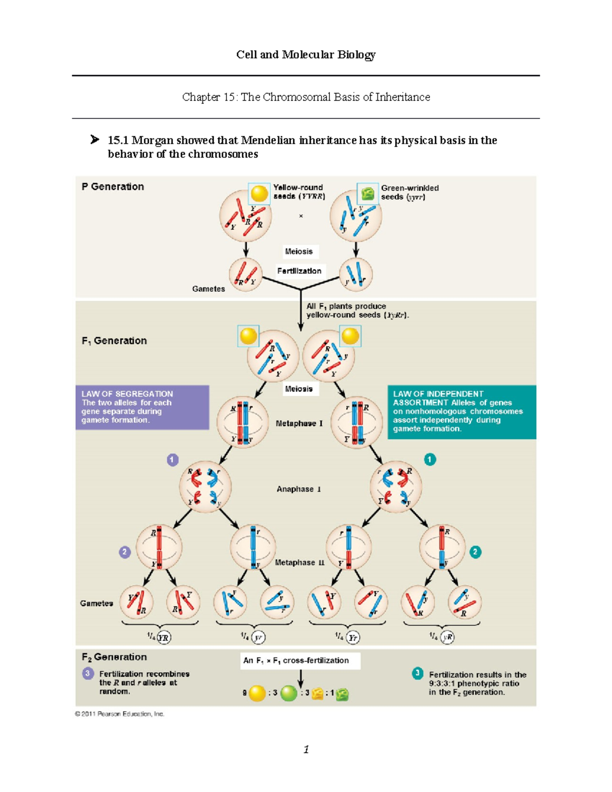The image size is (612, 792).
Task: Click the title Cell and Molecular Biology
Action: pyautogui.click(x=305, y=55)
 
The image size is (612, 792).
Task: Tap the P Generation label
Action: pyautogui.click(x=113, y=187)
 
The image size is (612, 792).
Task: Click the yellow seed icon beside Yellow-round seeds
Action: pyautogui.click(x=259, y=194)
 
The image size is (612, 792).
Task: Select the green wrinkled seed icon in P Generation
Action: pyautogui.click(x=368, y=194)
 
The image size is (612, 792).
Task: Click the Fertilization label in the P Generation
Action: pyautogui.click(x=299, y=271)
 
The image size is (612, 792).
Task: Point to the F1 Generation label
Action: pyautogui.click(x=114, y=341)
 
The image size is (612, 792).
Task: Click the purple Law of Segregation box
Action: pyautogui.click(x=142, y=407)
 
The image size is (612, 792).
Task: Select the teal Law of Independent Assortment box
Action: pyautogui.click(x=462, y=412)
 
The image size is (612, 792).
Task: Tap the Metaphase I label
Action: pyautogui.click(x=299, y=423)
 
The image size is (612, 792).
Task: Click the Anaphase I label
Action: pyautogui.click(x=299, y=489)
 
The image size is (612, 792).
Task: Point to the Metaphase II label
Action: pyautogui.click(x=300, y=563)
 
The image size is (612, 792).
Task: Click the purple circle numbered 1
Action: pyautogui.click(x=172, y=459)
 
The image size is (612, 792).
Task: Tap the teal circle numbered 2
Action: pyautogui.click(x=475, y=552)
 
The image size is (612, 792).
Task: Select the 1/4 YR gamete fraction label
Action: pyautogui.click(x=159, y=637)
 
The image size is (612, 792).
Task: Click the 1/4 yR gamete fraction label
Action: pyautogui.click(x=442, y=637)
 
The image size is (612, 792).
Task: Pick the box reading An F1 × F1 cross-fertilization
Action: pyautogui.click(x=300, y=660)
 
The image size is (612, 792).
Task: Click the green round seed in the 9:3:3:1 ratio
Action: pyautogui.click(x=289, y=693)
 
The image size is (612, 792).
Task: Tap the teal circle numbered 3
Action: pyautogui.click(x=417, y=673)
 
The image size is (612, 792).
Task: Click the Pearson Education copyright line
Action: pyautogui.click(x=119, y=714)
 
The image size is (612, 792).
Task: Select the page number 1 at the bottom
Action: pyautogui.click(x=306, y=749)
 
